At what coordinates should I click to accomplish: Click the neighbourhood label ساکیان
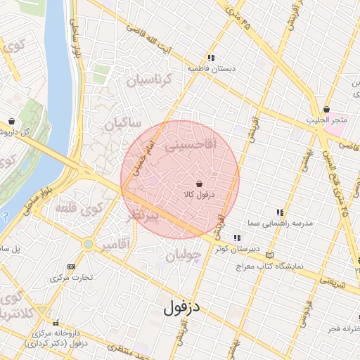click(124, 124)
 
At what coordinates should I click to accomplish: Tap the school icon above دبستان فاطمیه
click(210, 58)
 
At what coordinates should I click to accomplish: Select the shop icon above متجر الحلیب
click(327, 109)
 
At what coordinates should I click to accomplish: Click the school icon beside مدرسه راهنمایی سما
click(281, 212)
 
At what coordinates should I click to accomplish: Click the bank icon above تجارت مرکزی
click(71, 266)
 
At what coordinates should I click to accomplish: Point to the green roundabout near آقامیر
click(88, 244)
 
